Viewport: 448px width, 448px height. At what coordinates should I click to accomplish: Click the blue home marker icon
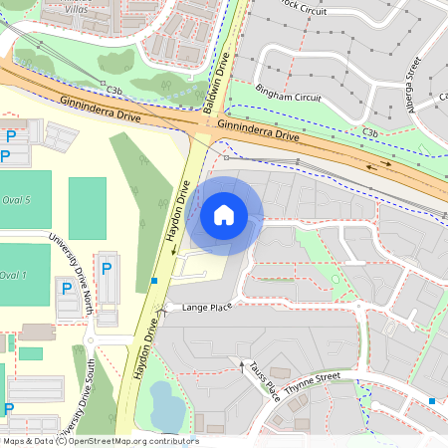point(224,214)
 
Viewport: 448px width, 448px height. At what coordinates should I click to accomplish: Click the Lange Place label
point(207,308)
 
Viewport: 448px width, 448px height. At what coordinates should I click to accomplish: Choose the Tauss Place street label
point(264,377)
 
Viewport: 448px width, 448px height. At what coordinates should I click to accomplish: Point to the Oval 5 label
point(15,200)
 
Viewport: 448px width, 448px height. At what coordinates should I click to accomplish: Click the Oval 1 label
point(13,275)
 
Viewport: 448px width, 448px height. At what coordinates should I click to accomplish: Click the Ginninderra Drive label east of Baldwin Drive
point(258,129)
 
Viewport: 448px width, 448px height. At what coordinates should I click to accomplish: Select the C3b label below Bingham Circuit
point(370,131)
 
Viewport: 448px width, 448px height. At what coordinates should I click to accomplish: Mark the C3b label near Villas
point(114,90)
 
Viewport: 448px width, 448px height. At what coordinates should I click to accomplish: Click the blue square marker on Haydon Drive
point(153,281)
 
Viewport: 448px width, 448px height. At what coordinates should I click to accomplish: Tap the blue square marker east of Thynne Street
point(431,400)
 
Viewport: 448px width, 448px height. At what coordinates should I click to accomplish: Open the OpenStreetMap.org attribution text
point(100,441)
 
